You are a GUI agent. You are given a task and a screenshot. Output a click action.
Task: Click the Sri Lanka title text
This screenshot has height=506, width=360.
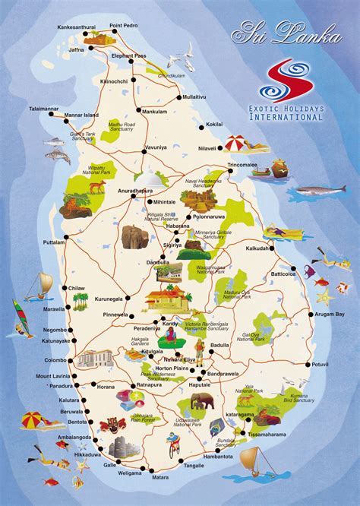[x=278, y=34]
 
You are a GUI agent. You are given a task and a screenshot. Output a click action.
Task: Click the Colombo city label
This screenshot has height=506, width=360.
[x=55, y=360]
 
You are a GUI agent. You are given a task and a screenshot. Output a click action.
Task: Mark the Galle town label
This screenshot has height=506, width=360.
[x=110, y=464]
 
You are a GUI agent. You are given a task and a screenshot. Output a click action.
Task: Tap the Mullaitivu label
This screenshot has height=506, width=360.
[x=192, y=97]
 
